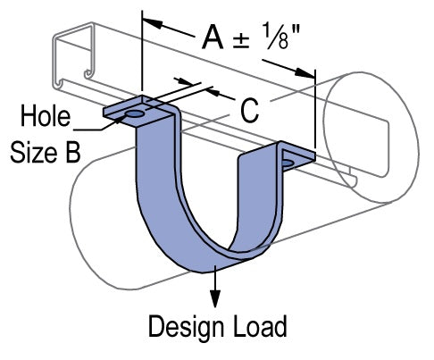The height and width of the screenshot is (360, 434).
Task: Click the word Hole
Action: [44, 117]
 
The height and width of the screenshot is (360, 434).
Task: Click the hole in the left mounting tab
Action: [132, 114]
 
